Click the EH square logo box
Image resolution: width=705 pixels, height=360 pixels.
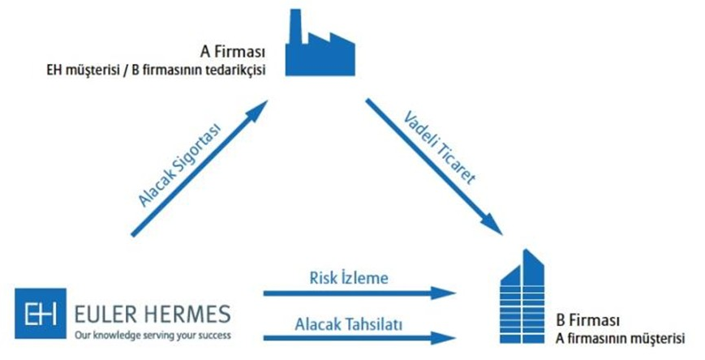(x=40, y=315)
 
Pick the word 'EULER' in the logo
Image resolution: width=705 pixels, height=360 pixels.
(x=104, y=312)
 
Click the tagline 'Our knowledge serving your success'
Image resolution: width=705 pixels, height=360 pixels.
(x=151, y=333)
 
